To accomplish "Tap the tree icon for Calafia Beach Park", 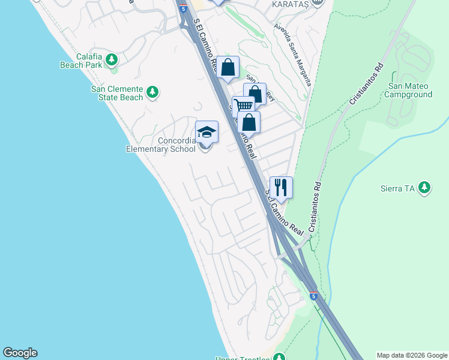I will pos(111,59).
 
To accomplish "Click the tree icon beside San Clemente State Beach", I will pos(152,92).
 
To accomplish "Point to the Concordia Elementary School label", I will pos(160,145).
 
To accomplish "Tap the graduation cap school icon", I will pos(206,132).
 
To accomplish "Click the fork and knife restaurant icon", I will pos(281,187).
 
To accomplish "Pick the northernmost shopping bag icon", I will pos(228,67).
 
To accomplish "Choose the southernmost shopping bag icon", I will pos(249,122).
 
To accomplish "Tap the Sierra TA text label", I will pos(398,188).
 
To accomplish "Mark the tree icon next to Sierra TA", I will pos(425,188).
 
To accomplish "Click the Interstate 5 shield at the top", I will pos(182,9).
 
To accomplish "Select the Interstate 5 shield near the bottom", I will pos(313,296).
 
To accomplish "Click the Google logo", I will pos(20,353).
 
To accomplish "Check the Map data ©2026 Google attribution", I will pos(412,355).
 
